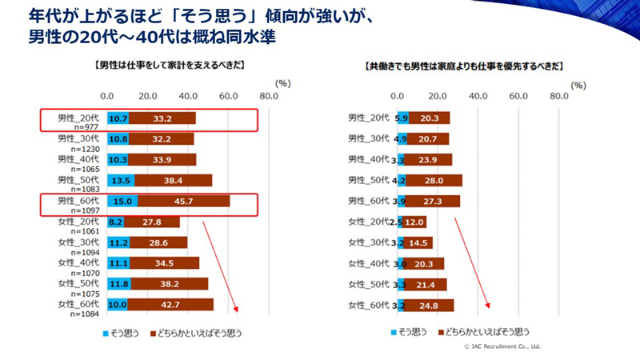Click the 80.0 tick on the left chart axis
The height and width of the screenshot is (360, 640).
269,96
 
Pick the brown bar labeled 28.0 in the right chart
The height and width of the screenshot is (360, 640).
435,180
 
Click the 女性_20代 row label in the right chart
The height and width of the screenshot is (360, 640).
370,222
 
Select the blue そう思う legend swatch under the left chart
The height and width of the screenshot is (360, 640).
105,331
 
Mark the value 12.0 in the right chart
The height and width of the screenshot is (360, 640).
414,222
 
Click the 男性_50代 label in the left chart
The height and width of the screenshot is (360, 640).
78,180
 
